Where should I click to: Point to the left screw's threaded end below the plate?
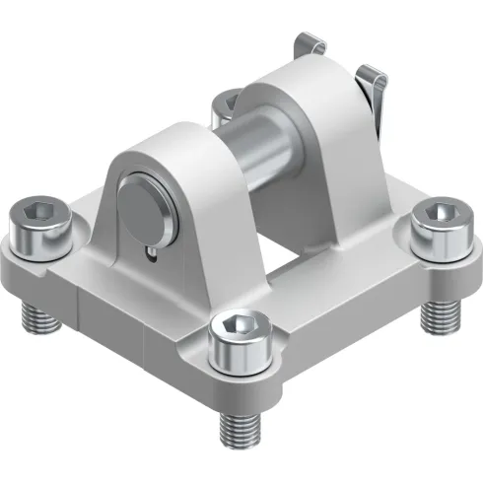point(37,315)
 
